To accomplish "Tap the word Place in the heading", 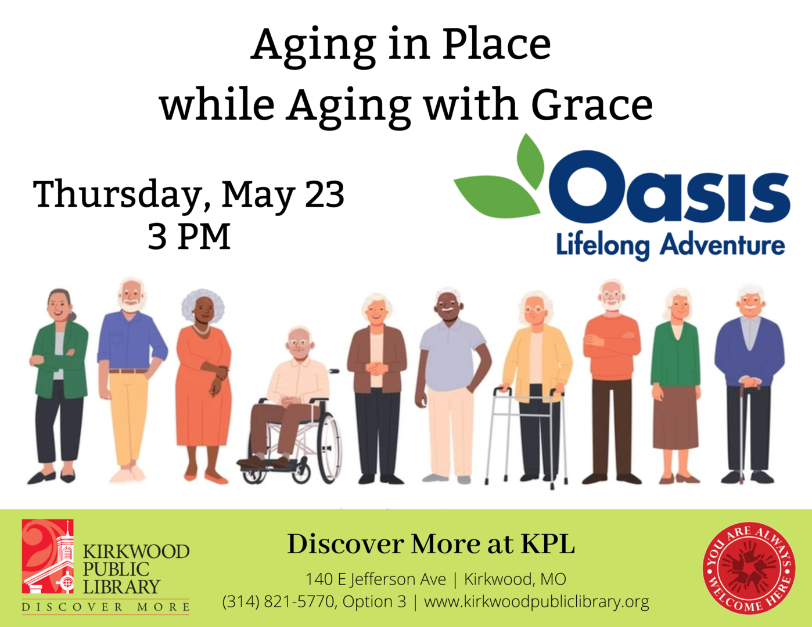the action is [x=496, y=44].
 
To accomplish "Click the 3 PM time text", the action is [x=189, y=237].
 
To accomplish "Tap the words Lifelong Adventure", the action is [x=670, y=246].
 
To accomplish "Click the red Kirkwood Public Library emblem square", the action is [x=48, y=556].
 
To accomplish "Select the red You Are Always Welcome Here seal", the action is [x=749, y=568].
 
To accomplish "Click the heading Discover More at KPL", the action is [x=431, y=545].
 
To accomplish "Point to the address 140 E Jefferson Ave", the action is [x=376, y=579].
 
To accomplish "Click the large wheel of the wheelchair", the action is [x=329, y=448].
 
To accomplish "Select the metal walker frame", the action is [x=526, y=437].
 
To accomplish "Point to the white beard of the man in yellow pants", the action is [x=131, y=306].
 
